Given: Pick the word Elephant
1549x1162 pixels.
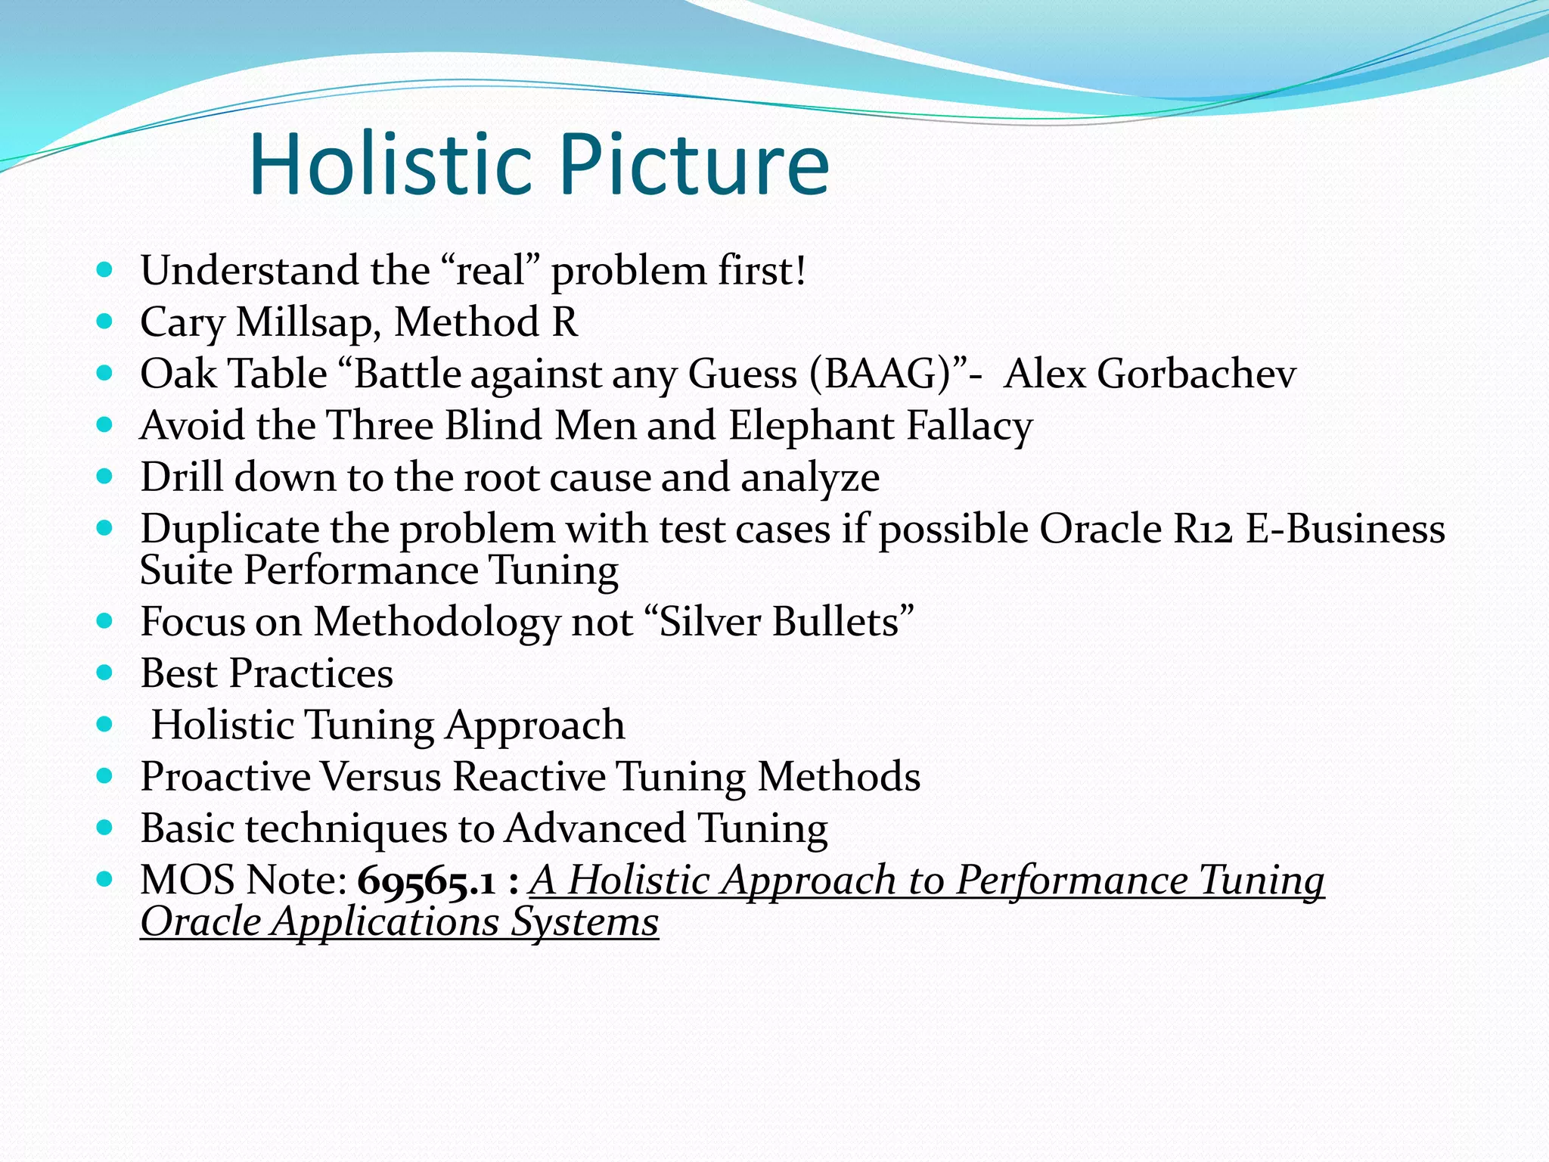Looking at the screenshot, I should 811,426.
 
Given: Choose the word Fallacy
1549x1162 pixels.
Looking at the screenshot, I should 970,426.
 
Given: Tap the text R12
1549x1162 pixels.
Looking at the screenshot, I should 1203,529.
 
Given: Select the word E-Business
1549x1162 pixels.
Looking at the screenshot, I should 1346,529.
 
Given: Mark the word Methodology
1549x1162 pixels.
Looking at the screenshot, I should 436,623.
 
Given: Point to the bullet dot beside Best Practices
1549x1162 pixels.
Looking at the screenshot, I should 105,672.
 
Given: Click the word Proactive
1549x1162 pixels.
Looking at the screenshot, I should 225,777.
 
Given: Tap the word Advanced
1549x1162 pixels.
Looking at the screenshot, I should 594,828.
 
